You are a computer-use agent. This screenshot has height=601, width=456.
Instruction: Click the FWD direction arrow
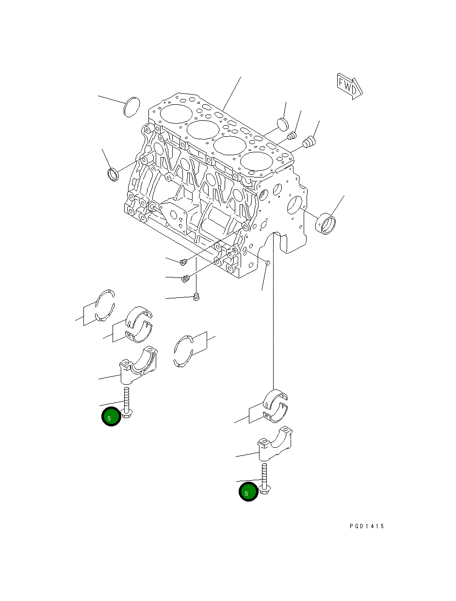[x=349, y=86]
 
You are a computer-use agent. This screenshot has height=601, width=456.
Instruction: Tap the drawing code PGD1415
[x=366, y=526]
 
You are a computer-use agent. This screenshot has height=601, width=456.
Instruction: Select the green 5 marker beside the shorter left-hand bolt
[x=111, y=417]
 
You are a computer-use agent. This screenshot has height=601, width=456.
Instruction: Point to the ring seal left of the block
[x=113, y=174]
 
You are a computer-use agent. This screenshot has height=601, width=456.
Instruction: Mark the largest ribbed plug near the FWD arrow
[x=309, y=142]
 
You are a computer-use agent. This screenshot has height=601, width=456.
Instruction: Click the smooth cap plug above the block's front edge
[x=282, y=123]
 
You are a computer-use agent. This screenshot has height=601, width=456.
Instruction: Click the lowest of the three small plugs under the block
[x=196, y=296]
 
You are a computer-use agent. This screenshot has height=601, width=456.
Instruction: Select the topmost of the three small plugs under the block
[x=183, y=262]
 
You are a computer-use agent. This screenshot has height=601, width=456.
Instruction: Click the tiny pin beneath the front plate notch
[x=267, y=262]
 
